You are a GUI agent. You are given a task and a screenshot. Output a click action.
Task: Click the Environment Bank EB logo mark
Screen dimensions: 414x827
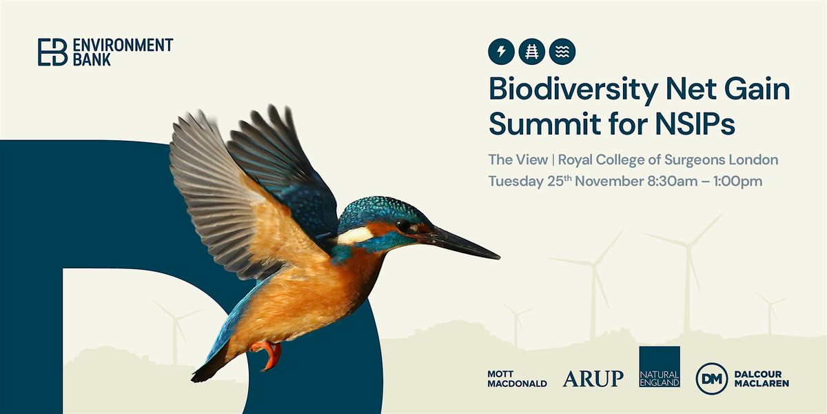click(x=52, y=52)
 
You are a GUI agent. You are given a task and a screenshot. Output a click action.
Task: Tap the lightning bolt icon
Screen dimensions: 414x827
click(x=501, y=50)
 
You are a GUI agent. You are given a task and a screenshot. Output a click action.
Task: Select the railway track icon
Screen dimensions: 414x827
click(x=532, y=50)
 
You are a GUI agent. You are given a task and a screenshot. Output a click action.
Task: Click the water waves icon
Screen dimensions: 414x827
click(x=562, y=50)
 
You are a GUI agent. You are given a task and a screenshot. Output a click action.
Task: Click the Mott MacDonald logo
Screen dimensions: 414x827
click(x=516, y=378)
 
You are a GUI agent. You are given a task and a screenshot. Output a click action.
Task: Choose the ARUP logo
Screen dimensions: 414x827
click(x=593, y=378)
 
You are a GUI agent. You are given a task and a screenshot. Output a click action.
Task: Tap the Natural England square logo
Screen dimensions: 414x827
click(x=659, y=366)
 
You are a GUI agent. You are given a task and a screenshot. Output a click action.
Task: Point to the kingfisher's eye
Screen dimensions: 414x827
click(x=402, y=225)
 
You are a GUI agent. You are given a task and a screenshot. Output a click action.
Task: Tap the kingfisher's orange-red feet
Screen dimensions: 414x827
click(x=271, y=352)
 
